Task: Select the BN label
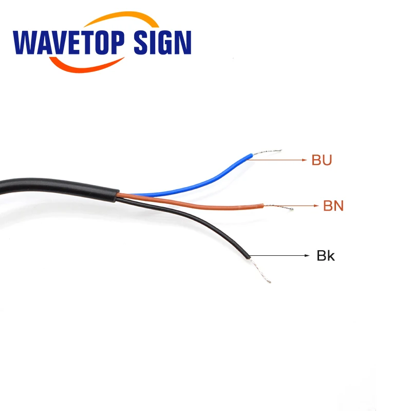tap(333, 207)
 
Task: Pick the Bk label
tap(325, 256)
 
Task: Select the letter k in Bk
tap(330, 256)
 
